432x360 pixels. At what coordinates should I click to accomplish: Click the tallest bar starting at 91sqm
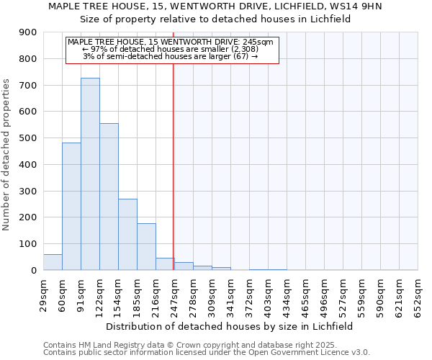pos(90,174)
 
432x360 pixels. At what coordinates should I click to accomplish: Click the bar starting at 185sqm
pos(146,247)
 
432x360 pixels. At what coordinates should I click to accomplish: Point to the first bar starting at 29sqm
pos(53,262)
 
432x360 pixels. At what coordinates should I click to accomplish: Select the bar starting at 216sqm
pos(165,264)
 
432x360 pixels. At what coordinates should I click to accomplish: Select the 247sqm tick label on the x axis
pos(174,294)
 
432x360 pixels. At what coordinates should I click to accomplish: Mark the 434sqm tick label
pos(287,294)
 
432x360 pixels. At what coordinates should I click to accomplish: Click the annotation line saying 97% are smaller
pos(171,49)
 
